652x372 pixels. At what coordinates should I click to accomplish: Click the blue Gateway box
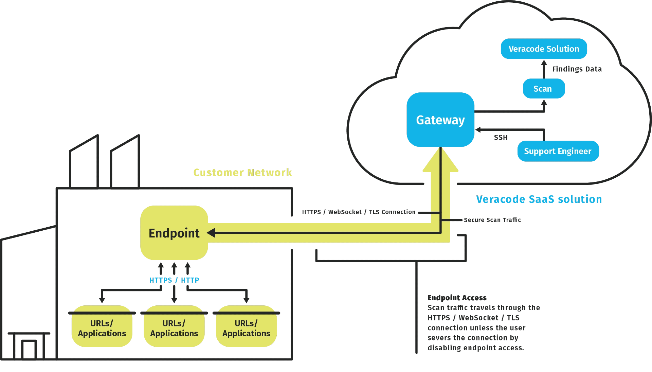(440, 120)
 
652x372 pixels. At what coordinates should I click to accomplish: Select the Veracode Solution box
(544, 49)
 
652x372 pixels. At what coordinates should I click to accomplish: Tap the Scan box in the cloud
(544, 89)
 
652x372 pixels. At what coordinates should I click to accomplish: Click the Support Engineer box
(558, 151)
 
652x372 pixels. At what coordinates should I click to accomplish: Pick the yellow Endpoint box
(174, 233)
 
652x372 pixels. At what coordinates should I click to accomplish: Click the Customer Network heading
(242, 173)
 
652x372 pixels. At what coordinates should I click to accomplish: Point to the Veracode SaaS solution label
(539, 199)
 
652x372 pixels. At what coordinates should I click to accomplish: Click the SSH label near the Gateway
(501, 138)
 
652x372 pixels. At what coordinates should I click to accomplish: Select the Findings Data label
(577, 69)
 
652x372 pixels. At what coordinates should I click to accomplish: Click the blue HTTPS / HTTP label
(174, 280)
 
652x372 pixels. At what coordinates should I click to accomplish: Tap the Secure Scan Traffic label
(492, 220)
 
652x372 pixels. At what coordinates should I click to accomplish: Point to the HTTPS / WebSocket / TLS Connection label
(359, 212)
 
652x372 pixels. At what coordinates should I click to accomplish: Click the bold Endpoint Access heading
(457, 298)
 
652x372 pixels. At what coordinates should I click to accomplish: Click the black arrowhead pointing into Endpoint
(211, 233)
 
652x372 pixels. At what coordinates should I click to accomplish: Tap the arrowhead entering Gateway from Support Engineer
(478, 129)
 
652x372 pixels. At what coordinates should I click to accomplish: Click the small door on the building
(29, 349)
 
